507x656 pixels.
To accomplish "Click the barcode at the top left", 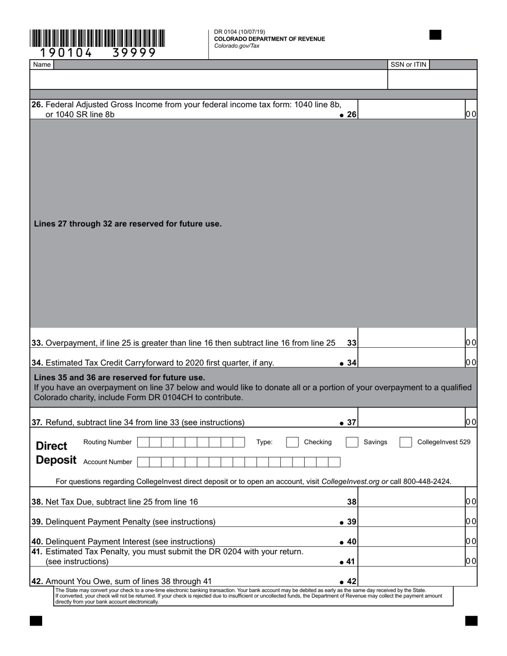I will pyautogui.click(x=97, y=39).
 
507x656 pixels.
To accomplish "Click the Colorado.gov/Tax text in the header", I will pyautogui.click(x=236, y=46).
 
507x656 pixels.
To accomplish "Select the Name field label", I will pyautogui.click(x=42, y=65).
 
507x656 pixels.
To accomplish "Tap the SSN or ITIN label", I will pyautogui.click(x=408, y=65).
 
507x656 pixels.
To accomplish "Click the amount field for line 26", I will pyautogui.click(x=411, y=109).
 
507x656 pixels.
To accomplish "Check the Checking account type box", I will pyautogui.click(x=292, y=442).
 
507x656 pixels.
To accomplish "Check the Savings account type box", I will pyautogui.click(x=352, y=442).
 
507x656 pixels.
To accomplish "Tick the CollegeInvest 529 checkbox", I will pyautogui.click(x=406, y=442).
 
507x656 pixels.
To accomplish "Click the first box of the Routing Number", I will pyautogui.click(x=143, y=442).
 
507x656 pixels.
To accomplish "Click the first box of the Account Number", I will pyautogui.click(x=143, y=462).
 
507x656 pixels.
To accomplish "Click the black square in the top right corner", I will pyautogui.click(x=435, y=35).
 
